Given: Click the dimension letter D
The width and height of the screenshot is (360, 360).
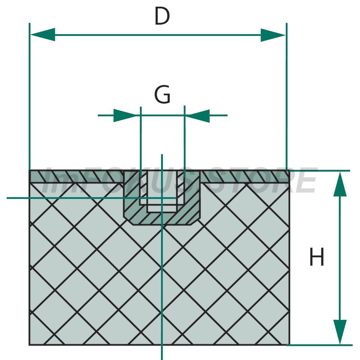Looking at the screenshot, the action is coord(162,16).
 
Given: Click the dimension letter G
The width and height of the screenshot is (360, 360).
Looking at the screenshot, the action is coord(162,94).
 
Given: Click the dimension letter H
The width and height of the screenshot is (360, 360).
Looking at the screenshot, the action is coord(317,256).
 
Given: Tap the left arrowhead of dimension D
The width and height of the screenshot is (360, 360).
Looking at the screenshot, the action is coord(43,35).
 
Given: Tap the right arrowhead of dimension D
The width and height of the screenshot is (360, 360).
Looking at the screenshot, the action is coord(273,35).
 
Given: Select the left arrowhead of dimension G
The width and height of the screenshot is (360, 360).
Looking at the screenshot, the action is coord(127,115).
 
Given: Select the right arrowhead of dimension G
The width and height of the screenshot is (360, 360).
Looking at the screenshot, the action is coord(198,116).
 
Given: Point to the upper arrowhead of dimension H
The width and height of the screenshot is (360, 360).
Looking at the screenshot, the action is coord(340,184).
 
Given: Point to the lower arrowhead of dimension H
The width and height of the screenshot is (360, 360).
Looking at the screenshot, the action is coord(340,332).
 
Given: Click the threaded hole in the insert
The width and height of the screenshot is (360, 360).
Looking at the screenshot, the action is coord(162,190).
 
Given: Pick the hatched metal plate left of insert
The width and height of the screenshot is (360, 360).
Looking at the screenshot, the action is coord(76,177).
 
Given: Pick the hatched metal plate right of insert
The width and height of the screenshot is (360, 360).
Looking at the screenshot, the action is coord(245,177).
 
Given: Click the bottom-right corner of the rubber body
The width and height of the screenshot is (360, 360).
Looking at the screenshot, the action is coord(289,344).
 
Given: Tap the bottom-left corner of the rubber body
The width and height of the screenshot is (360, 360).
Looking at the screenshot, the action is coord(29,345).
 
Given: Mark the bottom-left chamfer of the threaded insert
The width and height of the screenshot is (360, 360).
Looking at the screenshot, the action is coord(128,220).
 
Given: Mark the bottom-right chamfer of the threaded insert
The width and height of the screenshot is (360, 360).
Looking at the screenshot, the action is coord(195,220).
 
